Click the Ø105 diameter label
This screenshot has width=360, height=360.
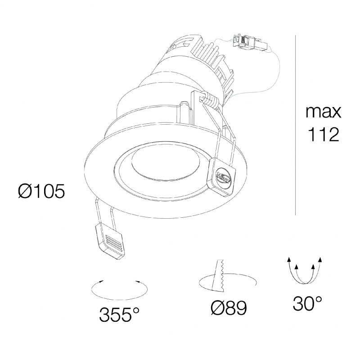pos(41,191)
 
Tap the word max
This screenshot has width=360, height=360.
pos(323,112)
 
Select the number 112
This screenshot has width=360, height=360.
pos(323,134)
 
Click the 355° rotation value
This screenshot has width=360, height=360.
pos(119,315)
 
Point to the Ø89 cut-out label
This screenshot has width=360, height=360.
pos(229,308)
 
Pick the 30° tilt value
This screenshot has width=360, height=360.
pos(307,303)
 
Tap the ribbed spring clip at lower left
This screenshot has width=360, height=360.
pos(110,241)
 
